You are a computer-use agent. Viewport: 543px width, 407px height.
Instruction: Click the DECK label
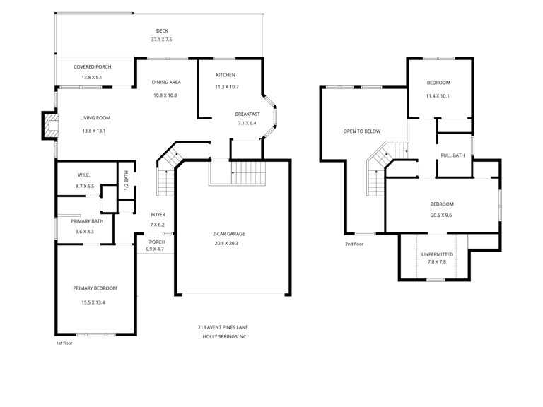pyautogui.click(x=162, y=31)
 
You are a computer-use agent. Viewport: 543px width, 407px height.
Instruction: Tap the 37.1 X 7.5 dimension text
pyautogui.click(x=161, y=40)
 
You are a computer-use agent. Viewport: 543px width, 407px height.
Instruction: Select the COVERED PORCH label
pyautogui.click(x=93, y=67)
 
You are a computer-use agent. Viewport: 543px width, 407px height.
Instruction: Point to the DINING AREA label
pyautogui.click(x=166, y=82)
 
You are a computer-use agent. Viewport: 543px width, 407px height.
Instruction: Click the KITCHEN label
pyautogui.click(x=226, y=75)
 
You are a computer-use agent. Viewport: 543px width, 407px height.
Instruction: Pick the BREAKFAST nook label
pyautogui.click(x=247, y=114)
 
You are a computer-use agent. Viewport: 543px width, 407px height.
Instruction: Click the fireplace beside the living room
pyautogui.click(x=50, y=125)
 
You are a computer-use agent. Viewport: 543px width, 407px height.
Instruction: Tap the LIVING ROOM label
pyautogui.click(x=95, y=118)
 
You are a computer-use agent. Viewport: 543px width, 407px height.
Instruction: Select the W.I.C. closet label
pyautogui.click(x=84, y=175)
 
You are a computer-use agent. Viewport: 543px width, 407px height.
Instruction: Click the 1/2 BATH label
pyautogui.click(x=127, y=180)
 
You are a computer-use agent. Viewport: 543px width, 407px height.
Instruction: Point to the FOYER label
pyautogui.click(x=158, y=215)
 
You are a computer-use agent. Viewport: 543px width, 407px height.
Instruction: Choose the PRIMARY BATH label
pyautogui.click(x=87, y=221)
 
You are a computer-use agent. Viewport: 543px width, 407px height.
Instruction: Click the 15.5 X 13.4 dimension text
pyautogui.click(x=93, y=302)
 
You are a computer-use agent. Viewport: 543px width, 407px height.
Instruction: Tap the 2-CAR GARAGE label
pyautogui.click(x=228, y=234)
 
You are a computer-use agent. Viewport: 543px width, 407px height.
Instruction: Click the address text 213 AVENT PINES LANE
pyautogui.click(x=223, y=327)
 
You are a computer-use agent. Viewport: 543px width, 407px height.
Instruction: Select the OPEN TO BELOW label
pyautogui.click(x=362, y=131)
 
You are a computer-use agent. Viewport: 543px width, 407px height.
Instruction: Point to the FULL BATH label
pyautogui.click(x=452, y=155)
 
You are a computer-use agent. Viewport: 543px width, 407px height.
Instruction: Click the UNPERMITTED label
pyautogui.click(x=438, y=254)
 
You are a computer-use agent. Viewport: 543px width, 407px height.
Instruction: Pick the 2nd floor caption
pyautogui.click(x=354, y=244)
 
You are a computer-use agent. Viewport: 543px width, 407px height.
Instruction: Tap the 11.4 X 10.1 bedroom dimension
pyautogui.click(x=438, y=96)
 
